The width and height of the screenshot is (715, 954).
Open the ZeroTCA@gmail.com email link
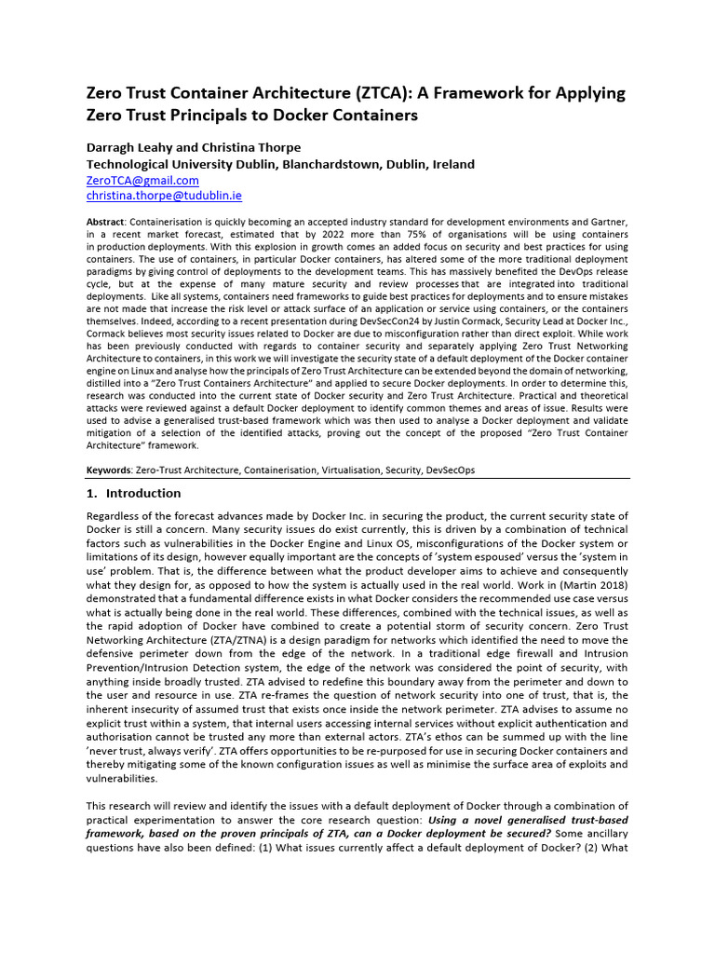(x=142, y=180)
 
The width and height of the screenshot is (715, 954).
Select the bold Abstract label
(x=105, y=221)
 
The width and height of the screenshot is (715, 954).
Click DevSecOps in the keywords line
(x=451, y=470)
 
